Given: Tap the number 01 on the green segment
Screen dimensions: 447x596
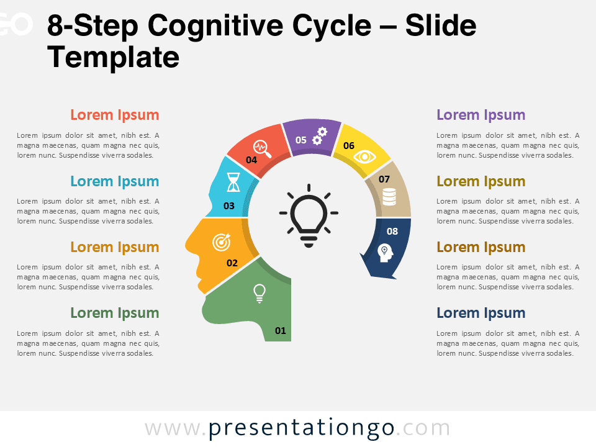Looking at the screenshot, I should (281, 330).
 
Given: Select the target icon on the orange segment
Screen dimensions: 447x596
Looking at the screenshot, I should (221, 242).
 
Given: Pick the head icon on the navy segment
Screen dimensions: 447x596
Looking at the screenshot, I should (385, 252).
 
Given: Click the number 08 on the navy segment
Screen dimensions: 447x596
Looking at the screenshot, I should (392, 232).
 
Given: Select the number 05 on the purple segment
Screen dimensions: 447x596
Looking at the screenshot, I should (301, 140).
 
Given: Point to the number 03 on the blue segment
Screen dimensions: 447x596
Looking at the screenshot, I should (229, 205).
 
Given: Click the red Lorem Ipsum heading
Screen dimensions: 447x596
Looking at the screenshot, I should (115, 115).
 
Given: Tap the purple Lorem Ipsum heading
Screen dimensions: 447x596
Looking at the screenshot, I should (481, 115).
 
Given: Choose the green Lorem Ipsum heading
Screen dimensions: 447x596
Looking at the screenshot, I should (115, 313).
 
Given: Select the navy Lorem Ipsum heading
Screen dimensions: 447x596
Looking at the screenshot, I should (481, 313).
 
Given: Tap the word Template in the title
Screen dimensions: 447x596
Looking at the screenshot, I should (114, 58).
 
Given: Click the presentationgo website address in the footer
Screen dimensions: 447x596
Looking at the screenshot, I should (297, 428).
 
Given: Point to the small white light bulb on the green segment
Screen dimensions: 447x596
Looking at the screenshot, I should (260, 292).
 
